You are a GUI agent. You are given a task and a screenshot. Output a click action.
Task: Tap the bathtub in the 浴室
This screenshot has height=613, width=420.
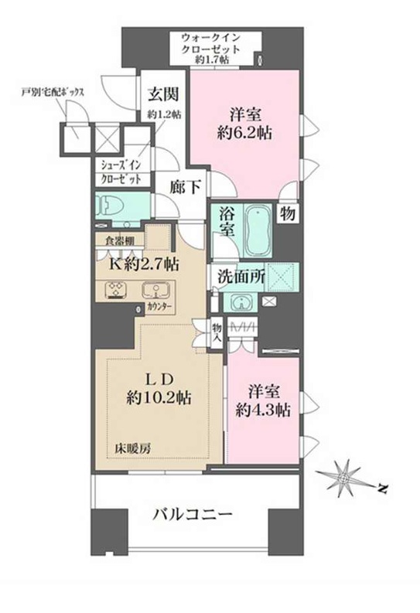(258, 230)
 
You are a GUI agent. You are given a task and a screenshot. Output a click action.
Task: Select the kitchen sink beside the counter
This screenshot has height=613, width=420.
(155, 291)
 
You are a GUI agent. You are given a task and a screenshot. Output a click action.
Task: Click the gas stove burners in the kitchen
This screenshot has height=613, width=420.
(117, 291)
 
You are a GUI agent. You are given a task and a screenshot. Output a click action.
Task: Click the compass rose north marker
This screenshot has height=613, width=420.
(382, 488)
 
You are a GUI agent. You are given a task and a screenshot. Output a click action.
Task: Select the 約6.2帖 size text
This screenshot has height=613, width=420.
(244, 133)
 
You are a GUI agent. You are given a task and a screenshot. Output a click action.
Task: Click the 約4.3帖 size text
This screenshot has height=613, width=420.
(263, 410)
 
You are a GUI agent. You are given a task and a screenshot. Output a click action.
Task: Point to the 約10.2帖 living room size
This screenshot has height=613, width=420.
(159, 398)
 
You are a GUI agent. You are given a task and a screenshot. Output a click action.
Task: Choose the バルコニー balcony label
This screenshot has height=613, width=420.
(193, 514)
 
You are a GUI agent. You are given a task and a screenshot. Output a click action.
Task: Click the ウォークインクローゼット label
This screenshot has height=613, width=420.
(211, 49)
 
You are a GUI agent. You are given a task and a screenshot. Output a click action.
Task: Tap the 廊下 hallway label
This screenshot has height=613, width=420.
(186, 187)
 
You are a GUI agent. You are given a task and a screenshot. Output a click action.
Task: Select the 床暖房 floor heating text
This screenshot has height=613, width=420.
(132, 448)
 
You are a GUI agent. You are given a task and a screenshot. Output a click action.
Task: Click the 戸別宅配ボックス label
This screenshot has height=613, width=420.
(53, 93)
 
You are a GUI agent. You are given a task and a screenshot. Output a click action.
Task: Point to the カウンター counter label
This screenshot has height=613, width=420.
(159, 308)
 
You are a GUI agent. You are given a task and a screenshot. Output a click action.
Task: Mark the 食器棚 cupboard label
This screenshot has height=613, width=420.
(120, 240)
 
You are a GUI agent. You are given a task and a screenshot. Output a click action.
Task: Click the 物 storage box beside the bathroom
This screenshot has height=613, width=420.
(287, 213)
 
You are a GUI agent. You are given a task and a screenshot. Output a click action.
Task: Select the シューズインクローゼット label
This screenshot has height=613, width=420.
(121, 172)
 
